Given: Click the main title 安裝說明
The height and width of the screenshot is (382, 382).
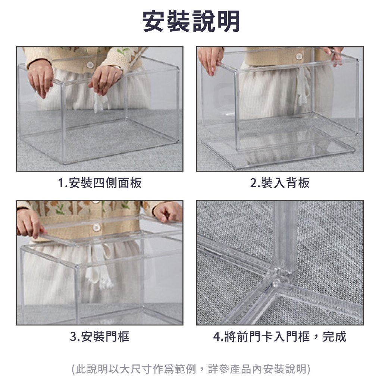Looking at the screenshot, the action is tap(191, 21).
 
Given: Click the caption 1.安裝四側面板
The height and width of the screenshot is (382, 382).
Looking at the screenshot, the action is tap(100, 183).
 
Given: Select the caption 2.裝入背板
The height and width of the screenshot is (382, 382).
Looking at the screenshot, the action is tap(280, 183).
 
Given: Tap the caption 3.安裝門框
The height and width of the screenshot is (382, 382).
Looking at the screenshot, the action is tap(100, 337).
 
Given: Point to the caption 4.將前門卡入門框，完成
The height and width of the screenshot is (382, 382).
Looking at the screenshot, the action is tap(280, 337).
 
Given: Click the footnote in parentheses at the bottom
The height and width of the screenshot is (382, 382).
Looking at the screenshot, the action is tap(191, 369).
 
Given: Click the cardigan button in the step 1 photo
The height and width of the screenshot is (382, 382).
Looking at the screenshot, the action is tap(90, 65).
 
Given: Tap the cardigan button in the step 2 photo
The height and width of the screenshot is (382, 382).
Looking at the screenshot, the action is tap(299, 56).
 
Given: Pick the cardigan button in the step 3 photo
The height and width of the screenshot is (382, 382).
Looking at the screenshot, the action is tap(96, 228).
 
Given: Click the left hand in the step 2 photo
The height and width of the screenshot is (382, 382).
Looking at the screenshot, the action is tap(210, 60).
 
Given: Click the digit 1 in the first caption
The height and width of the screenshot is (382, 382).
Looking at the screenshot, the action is tap(61, 183).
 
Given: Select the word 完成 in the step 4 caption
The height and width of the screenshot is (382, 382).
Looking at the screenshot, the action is tap(335, 337).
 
